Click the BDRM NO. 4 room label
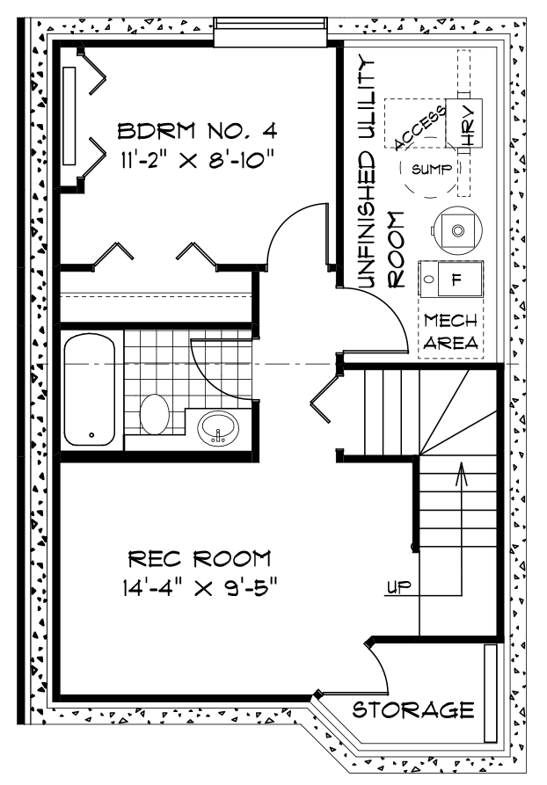tap(197, 131)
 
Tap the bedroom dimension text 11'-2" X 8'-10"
tap(197, 160)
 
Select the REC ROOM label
tap(200, 559)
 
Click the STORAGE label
tap(413, 709)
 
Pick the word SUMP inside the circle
tap(431, 169)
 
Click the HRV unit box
tap(463, 123)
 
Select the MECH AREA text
tap(451, 332)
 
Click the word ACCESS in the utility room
tap(419, 127)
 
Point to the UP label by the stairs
tap(399, 585)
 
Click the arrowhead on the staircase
tap(461, 474)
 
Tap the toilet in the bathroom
tap(154, 413)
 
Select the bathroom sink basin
tap(218, 429)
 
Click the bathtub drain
tap(91, 434)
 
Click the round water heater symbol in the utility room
tap(458, 230)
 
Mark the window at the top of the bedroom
tap(271, 32)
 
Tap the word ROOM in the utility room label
tap(397, 250)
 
